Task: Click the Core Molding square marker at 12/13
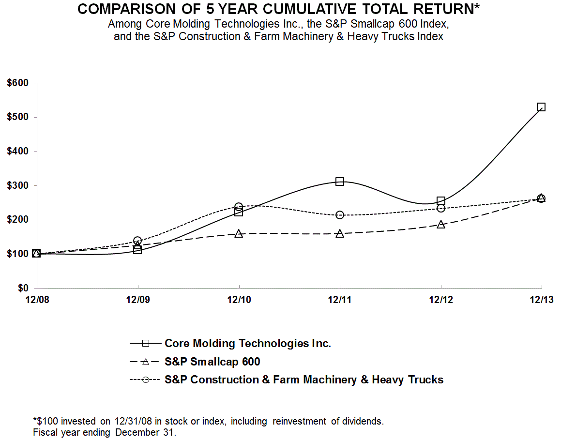coord(541,107)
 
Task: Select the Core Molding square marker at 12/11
coord(340,182)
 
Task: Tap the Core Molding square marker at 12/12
coord(441,201)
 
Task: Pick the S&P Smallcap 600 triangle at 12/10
coord(239,234)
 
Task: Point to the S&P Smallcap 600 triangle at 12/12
coord(441,225)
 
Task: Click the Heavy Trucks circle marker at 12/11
coord(340,215)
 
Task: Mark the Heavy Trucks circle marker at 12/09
coord(137,241)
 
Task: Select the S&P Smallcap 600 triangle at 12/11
coord(340,233)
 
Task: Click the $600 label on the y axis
coord(18,83)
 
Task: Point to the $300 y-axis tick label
coord(18,186)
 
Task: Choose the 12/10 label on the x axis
coord(239,300)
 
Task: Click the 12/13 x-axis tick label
coord(541,300)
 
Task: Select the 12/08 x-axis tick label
coord(36,300)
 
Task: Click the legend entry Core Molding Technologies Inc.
coord(248,344)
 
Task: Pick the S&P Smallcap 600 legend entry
coord(212,362)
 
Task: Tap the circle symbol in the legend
coord(144,380)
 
